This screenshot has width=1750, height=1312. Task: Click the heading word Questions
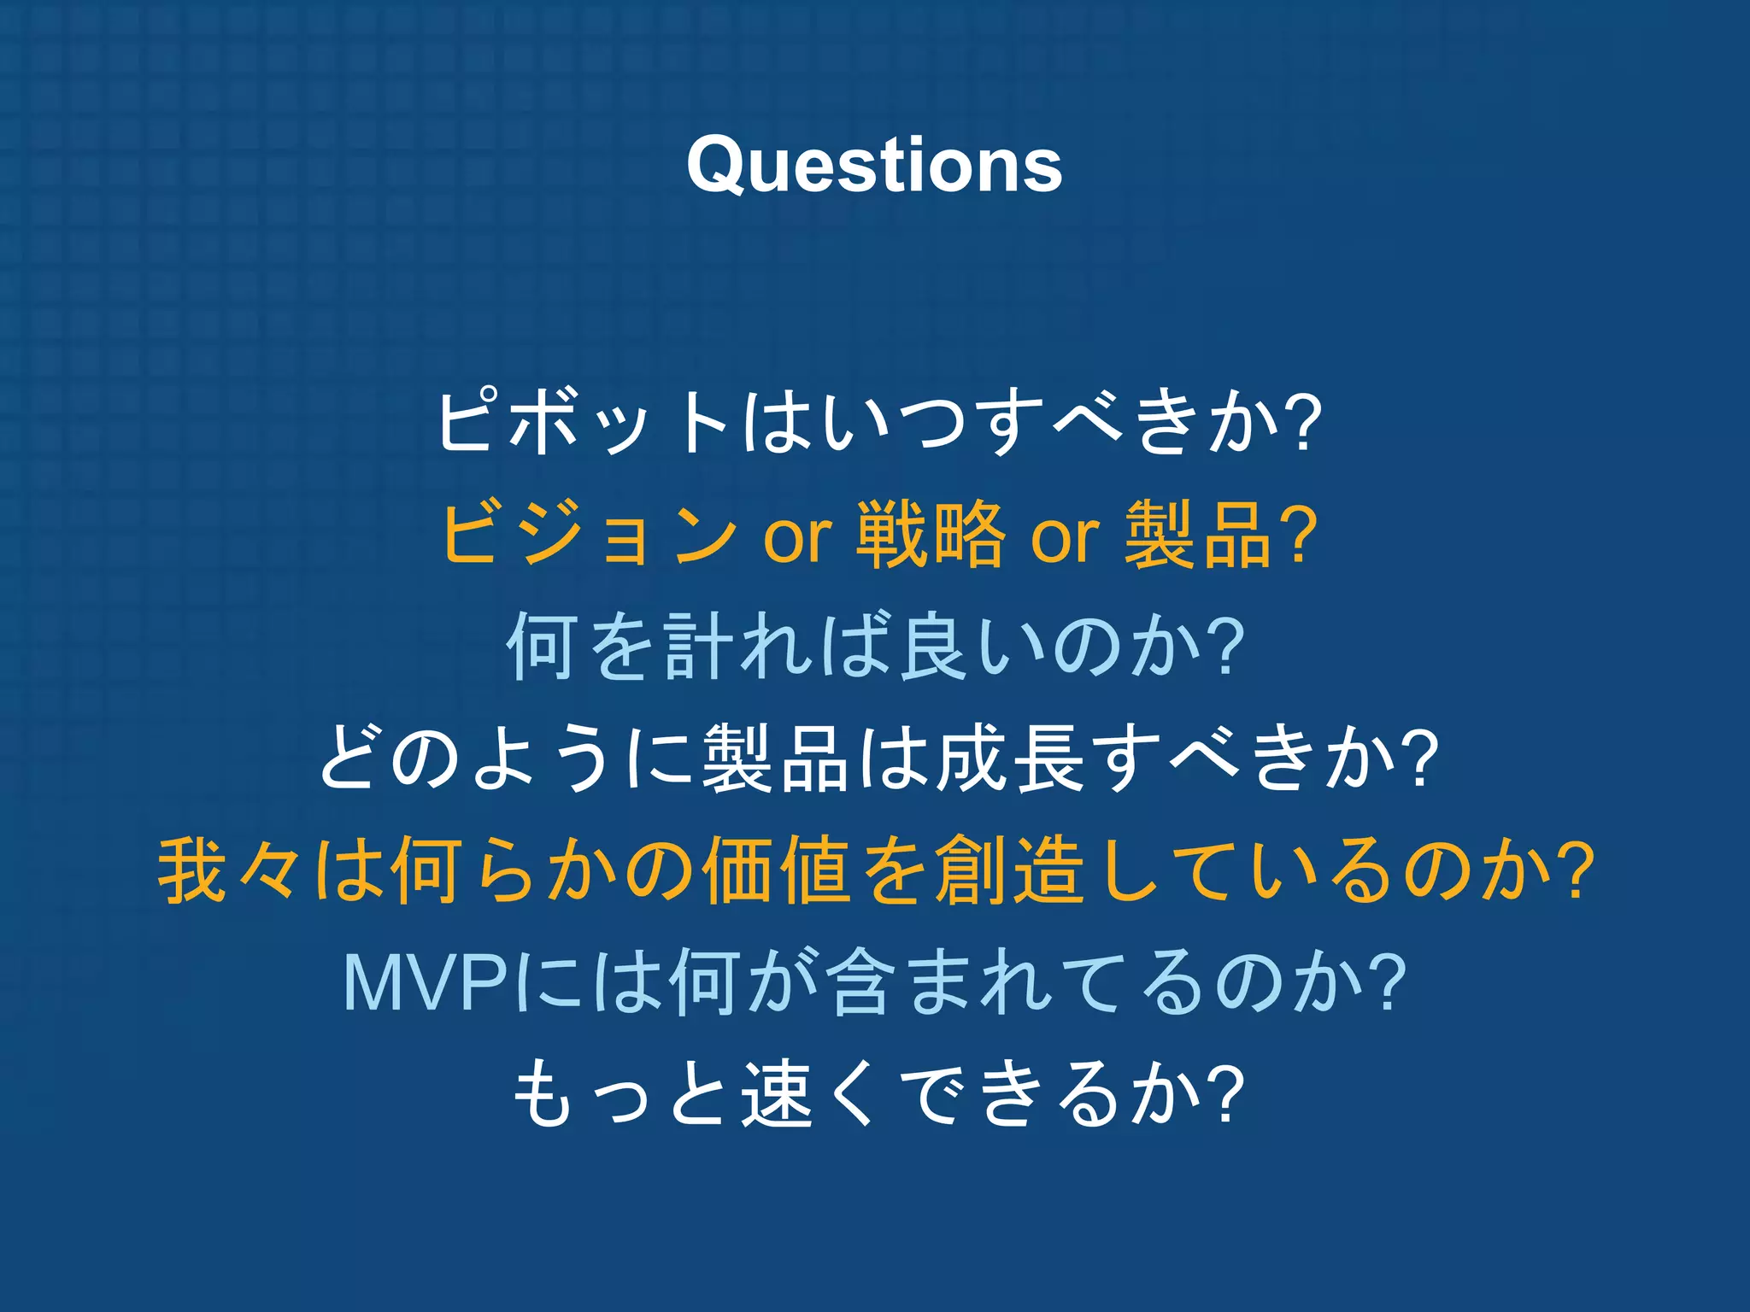click(874, 166)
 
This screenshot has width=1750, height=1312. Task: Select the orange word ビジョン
click(590, 535)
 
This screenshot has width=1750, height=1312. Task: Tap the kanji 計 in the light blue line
click(696, 647)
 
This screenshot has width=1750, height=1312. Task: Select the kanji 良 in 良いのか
click(933, 647)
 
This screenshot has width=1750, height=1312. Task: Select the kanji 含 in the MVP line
click(854, 983)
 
